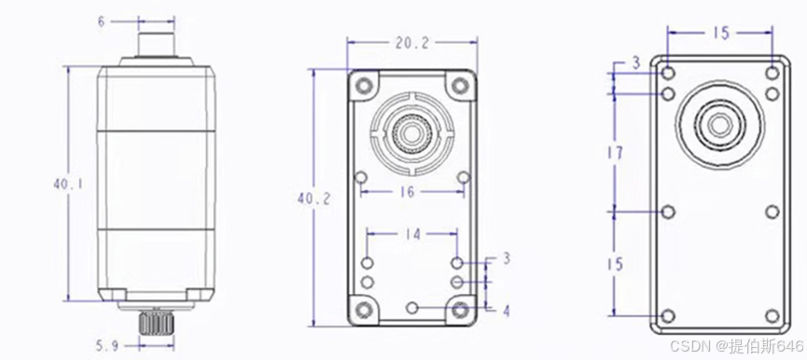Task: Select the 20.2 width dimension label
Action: [x=411, y=44]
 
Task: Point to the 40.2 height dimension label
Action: [x=314, y=199]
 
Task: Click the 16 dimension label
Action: [x=407, y=192]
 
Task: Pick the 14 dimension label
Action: [x=412, y=234]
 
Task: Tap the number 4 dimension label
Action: [x=507, y=312]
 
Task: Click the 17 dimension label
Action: [x=615, y=153]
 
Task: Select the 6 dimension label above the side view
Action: [x=102, y=21]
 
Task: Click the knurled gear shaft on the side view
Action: [x=156, y=323]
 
